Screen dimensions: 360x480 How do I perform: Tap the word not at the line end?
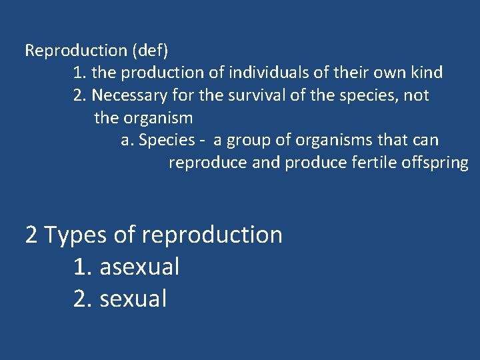[416, 95]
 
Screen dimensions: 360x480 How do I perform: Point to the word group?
[247, 141]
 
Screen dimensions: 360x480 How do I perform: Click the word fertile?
[375, 163]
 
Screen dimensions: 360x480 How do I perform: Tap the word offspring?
[436, 163]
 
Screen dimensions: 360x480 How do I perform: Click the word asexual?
[139, 267]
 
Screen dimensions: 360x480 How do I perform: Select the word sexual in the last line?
[133, 299]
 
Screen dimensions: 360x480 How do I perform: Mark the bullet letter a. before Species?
[127, 141]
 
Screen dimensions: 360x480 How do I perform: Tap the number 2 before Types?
[31, 235]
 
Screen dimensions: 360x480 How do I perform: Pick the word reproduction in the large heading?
[212, 235]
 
